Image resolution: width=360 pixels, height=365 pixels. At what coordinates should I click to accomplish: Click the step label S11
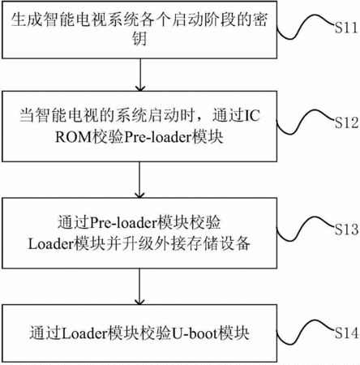pyautogui.click(x=346, y=28)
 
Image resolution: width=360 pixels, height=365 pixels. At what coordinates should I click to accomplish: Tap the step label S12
pyautogui.click(x=346, y=122)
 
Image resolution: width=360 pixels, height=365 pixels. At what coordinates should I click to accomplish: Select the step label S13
pyautogui.click(x=347, y=229)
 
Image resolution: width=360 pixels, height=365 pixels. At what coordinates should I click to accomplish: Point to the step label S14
pyautogui.click(x=347, y=333)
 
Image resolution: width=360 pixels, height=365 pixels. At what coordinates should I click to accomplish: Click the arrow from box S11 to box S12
pyautogui.click(x=140, y=75)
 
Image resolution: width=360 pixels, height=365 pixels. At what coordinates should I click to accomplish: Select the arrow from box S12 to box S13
pyautogui.click(x=139, y=180)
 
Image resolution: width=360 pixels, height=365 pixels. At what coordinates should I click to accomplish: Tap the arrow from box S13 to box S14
pyautogui.click(x=139, y=286)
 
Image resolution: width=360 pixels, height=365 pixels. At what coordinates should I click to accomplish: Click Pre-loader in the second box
pyautogui.click(x=157, y=137)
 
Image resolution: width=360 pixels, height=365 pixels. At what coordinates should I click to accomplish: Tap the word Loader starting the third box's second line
pyautogui.click(x=51, y=244)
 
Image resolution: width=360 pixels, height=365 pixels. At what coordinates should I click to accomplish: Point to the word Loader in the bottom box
pyautogui.click(x=84, y=333)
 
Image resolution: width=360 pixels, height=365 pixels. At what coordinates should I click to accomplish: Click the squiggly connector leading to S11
pyautogui.click(x=305, y=26)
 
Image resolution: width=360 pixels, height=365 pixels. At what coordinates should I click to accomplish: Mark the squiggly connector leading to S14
pyautogui.click(x=305, y=332)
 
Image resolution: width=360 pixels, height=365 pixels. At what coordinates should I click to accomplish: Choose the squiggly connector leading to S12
pyautogui.click(x=305, y=122)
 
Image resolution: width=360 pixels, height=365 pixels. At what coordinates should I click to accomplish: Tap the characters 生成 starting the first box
pyautogui.click(x=26, y=19)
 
